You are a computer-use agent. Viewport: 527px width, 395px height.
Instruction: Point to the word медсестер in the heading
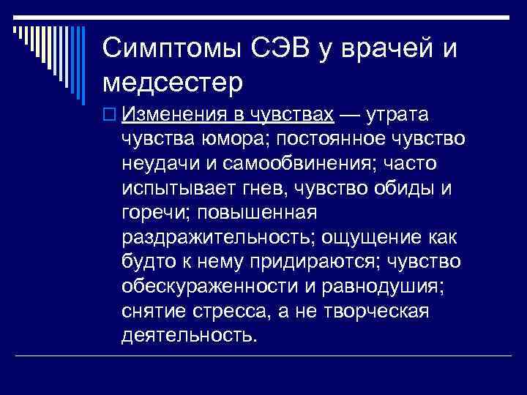pos(173,82)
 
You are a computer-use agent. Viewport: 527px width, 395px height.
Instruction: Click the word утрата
pos(398,115)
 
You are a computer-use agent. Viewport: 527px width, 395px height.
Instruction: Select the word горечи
pos(149,213)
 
